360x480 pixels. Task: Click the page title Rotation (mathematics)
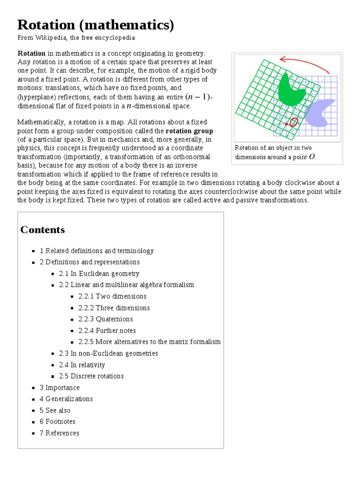(96, 25)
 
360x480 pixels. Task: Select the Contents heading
(43, 230)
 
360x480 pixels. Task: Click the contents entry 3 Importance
(60, 388)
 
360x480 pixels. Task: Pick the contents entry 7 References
(60, 433)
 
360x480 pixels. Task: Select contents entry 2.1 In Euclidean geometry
(99, 274)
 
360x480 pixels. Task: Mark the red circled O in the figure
(293, 122)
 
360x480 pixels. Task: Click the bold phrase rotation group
(189, 131)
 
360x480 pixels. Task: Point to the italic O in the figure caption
(312, 157)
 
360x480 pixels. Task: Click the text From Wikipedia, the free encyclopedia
(76, 37)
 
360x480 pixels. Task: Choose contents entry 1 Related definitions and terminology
(97, 251)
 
